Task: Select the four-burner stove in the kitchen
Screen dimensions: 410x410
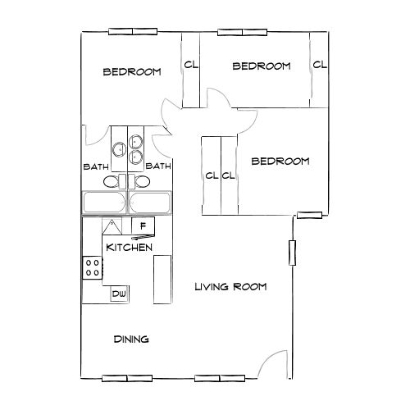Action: (92, 266)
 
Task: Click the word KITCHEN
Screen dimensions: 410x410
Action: (127, 246)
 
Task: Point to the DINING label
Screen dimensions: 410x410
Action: (130, 339)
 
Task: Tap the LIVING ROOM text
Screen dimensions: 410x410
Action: (230, 287)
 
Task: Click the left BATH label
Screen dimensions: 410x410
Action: (96, 166)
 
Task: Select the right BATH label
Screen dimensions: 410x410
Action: (157, 166)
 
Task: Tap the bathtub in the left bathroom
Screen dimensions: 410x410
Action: (103, 203)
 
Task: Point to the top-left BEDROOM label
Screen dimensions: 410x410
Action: (131, 72)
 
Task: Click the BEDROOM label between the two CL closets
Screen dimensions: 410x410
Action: (262, 66)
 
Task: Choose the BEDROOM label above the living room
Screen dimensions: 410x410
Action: (280, 162)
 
